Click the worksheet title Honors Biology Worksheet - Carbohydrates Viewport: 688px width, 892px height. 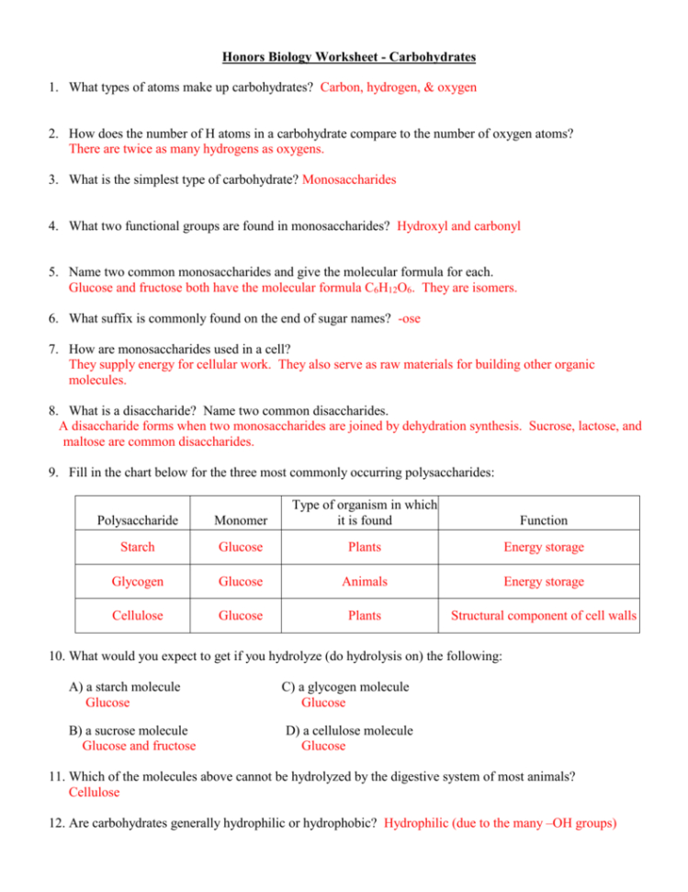(348, 57)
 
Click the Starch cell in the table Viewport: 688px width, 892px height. (137, 547)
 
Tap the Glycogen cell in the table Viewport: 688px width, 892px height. (137, 581)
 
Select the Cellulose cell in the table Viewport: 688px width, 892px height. (137, 615)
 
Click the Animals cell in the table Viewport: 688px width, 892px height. (365, 581)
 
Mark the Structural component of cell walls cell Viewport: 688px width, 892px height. (542, 615)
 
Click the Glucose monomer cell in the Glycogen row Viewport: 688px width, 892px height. (240, 581)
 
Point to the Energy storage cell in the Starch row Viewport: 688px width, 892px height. (542, 547)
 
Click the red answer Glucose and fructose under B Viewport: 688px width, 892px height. (139, 746)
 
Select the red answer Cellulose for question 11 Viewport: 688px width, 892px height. (94, 791)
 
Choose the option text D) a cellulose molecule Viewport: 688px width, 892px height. (349, 730)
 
